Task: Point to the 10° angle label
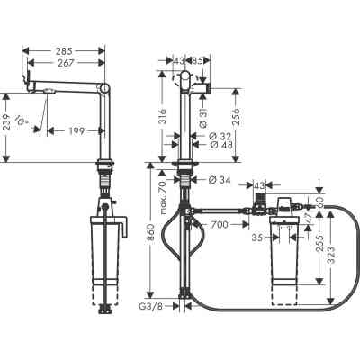[34, 120]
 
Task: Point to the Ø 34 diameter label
[220, 181]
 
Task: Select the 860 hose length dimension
[150, 243]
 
